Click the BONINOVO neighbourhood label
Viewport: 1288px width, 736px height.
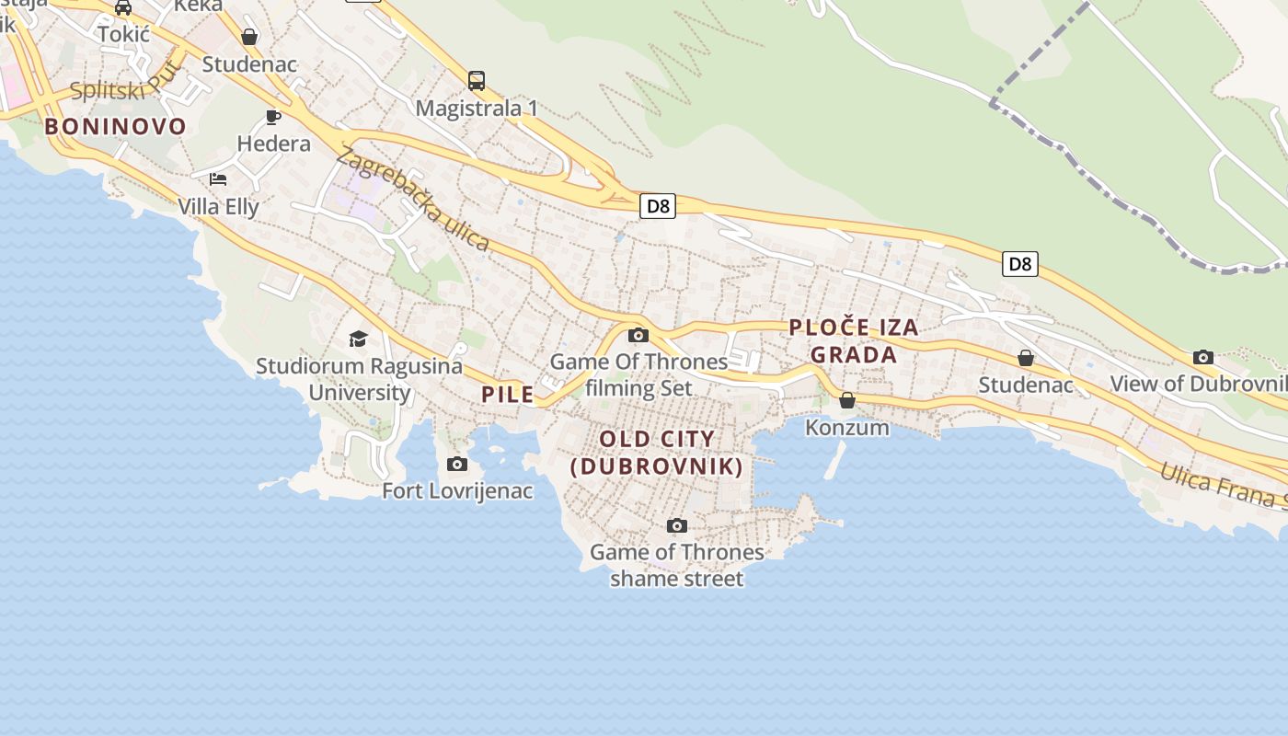[115, 126]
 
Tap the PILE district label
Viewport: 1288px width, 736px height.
[507, 395]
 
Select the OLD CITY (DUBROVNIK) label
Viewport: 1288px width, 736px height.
[657, 453]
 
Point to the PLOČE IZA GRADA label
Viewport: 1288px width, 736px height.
[853, 340]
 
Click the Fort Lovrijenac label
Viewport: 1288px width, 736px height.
[457, 490]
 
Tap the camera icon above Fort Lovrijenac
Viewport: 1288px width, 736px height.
[457, 464]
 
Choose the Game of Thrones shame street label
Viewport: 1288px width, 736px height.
[676, 565]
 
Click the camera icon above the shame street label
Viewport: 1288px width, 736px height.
[677, 525]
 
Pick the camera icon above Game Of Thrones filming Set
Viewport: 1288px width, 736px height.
[638, 335]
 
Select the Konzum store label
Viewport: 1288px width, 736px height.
[847, 427]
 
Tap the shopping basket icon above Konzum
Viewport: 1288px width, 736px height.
[847, 400]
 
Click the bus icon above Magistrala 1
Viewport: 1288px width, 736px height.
[477, 81]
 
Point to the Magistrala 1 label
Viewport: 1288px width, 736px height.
[477, 109]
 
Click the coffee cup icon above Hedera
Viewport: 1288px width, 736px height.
[273, 117]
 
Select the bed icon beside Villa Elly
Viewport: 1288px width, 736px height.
[218, 178]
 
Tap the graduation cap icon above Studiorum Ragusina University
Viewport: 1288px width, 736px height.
[359, 339]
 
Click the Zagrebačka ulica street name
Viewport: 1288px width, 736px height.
[413, 199]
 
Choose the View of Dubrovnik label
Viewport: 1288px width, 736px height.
[1198, 384]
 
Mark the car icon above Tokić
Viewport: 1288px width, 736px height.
[123, 8]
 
